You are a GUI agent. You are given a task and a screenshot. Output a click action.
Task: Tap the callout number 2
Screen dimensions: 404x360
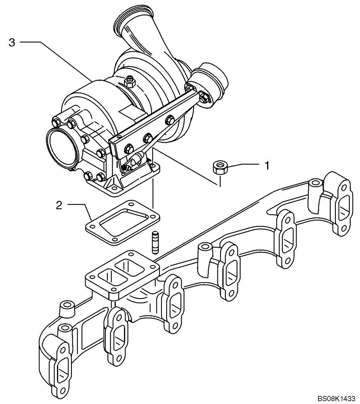point(59,206)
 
